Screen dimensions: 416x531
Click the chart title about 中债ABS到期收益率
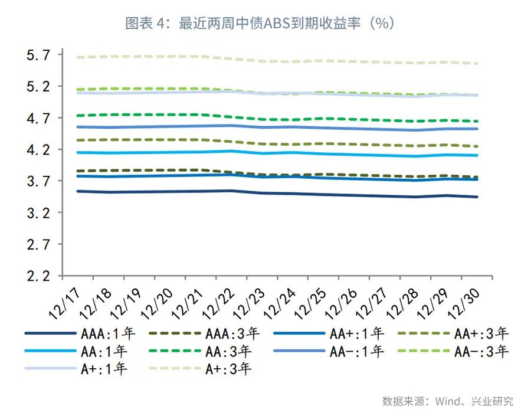[x=260, y=23]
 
